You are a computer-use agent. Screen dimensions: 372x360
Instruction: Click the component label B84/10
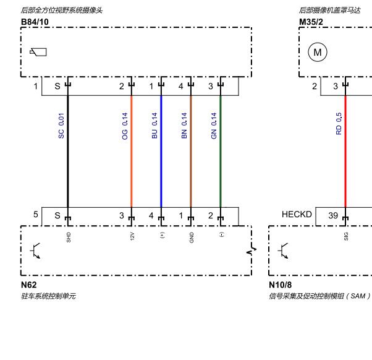click(35, 22)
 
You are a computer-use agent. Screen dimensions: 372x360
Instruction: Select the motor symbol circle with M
click(318, 52)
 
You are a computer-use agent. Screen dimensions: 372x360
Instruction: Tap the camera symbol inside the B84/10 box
click(38, 52)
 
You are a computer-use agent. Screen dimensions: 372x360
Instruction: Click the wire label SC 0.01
click(61, 126)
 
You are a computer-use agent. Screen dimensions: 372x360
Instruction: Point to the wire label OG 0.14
click(125, 126)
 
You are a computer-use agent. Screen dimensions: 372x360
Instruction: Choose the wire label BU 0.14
click(154, 126)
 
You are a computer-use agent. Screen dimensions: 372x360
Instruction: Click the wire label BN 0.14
click(184, 126)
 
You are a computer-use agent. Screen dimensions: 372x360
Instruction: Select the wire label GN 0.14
click(214, 126)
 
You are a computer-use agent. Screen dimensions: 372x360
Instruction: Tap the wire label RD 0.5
click(339, 124)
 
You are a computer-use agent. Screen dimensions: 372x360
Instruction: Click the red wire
click(345, 152)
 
